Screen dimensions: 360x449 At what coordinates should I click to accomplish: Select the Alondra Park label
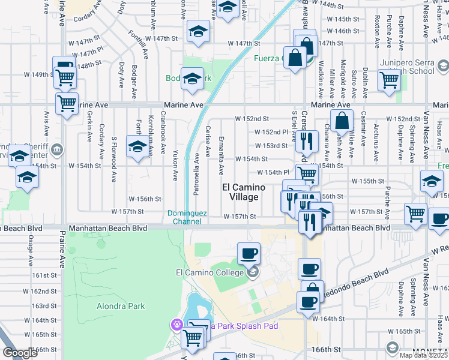[121, 306]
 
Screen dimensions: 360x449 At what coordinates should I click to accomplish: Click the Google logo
[20, 353]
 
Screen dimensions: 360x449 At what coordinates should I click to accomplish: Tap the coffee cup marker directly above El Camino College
[249, 253]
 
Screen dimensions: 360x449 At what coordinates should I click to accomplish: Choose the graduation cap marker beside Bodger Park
[192, 80]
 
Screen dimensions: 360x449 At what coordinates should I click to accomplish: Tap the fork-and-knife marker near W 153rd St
[307, 142]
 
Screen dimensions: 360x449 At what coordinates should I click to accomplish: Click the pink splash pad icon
[176, 325]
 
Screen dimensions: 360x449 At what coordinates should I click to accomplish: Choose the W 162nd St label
[44, 291]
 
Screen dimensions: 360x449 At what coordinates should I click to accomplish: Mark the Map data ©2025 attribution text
[423, 355]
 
